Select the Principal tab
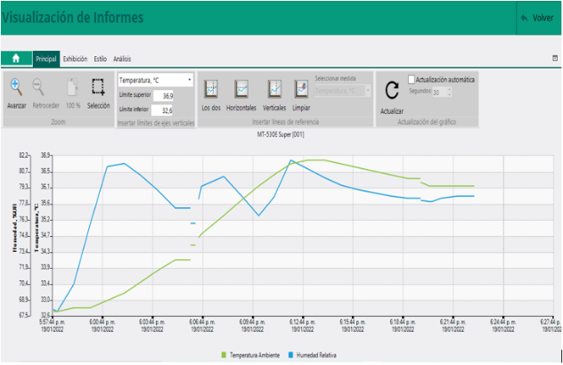[45, 59]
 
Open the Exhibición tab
[75, 59]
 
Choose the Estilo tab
[101, 59]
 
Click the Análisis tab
[122, 59]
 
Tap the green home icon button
[15, 59]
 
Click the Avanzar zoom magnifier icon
[16, 87]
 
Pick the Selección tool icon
[99, 88]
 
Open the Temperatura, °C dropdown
[155, 80]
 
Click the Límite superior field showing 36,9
[164, 95]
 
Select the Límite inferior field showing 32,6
[164, 110]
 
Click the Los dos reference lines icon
[211, 89]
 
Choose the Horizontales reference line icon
[241, 89]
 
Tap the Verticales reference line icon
[275, 89]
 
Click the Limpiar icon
[301, 89]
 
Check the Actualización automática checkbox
[412, 79]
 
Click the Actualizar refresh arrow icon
[391, 90]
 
